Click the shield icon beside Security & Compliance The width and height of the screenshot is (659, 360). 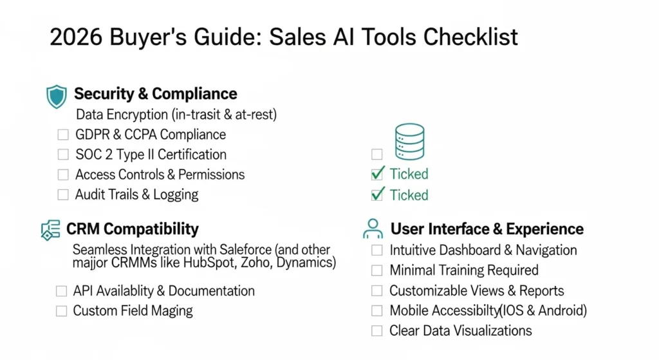point(57,97)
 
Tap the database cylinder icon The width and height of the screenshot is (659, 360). point(410,141)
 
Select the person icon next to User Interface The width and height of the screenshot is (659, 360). point(373,229)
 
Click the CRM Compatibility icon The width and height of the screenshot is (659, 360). point(50,230)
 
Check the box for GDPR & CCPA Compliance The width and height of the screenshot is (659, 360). point(63,135)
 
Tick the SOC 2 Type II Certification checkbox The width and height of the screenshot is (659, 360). point(63,155)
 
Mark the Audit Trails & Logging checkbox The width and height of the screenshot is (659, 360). point(63,194)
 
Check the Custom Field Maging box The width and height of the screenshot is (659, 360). point(61,311)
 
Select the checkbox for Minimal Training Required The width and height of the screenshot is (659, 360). point(377,270)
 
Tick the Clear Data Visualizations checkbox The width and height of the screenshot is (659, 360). point(377,330)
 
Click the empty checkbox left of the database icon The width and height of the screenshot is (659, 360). point(377,155)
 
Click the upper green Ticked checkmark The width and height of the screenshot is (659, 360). point(378,173)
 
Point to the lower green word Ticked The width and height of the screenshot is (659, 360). point(409,195)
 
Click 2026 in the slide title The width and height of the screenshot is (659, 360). point(76,37)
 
